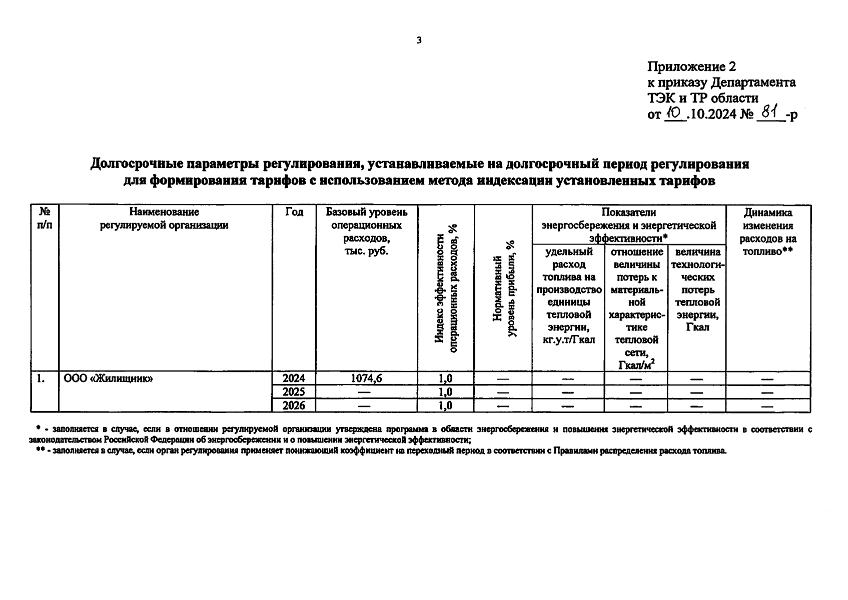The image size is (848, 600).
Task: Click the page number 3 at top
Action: tap(419, 40)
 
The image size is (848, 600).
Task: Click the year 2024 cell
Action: tap(294, 378)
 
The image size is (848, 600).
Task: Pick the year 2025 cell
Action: tap(294, 392)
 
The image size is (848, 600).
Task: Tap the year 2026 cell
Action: tap(294, 405)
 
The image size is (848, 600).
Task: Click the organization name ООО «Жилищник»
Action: tap(109, 378)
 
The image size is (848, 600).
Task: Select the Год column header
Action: tap(294, 212)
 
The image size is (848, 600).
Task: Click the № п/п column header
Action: tap(45, 218)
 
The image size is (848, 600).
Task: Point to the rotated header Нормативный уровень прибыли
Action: tap(503, 295)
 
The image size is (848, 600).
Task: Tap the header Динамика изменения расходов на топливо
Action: tap(768, 232)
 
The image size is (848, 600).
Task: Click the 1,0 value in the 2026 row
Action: tap(445, 405)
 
